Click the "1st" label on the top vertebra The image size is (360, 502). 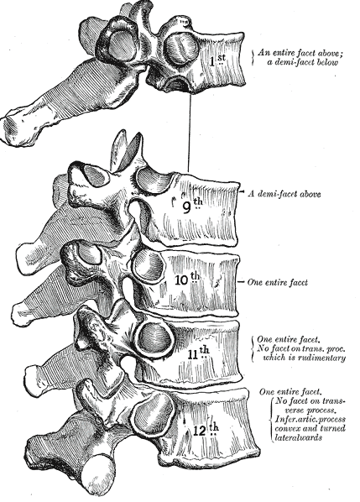217,60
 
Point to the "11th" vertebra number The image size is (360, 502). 198,353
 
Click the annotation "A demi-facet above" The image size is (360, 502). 284,194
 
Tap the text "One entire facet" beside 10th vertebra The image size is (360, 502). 278,282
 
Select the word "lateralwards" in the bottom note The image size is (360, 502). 298,437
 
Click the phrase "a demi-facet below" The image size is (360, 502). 302,62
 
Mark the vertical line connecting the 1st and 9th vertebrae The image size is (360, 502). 190,132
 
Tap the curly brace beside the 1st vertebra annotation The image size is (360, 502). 253,58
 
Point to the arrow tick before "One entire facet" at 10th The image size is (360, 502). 242,282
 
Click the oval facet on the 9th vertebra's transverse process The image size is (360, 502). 96,175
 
